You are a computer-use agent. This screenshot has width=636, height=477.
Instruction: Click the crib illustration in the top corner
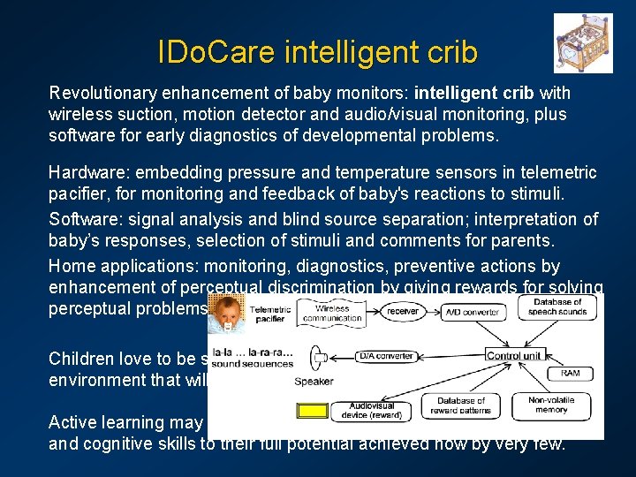pyautogui.click(x=583, y=43)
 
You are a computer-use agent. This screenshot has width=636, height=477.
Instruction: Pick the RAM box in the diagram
pyautogui.click(x=571, y=374)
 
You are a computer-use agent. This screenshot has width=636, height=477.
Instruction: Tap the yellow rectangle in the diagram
pyautogui.click(x=311, y=410)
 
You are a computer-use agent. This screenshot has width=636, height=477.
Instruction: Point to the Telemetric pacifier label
pyautogui.click(x=269, y=315)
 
